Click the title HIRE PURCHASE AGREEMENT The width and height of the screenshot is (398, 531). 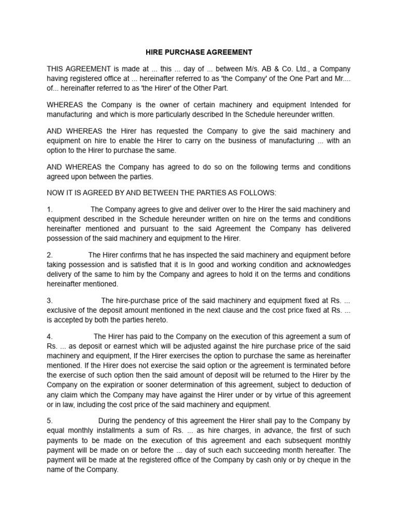click(x=198, y=52)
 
